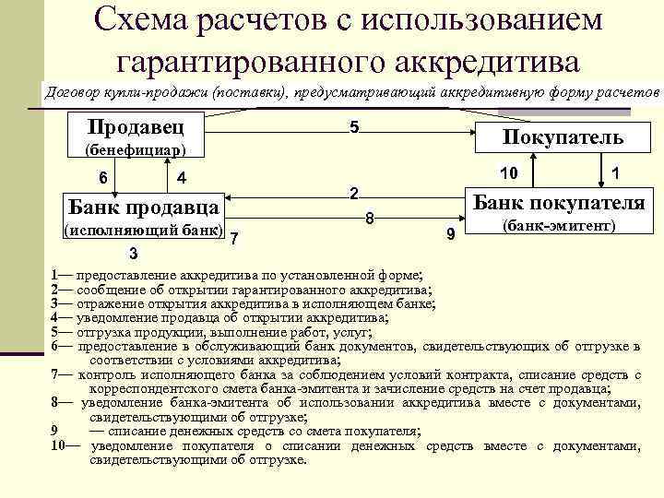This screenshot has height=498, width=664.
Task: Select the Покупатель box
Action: (x=563, y=137)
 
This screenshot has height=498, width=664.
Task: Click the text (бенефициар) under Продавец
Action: (x=136, y=149)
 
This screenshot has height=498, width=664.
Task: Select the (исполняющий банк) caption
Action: (x=142, y=228)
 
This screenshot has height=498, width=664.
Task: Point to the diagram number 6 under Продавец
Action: (x=103, y=176)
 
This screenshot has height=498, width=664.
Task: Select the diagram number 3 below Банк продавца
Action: (x=134, y=254)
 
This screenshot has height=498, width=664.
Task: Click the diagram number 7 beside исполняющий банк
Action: (x=235, y=239)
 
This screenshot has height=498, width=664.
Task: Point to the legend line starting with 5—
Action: (x=212, y=332)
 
